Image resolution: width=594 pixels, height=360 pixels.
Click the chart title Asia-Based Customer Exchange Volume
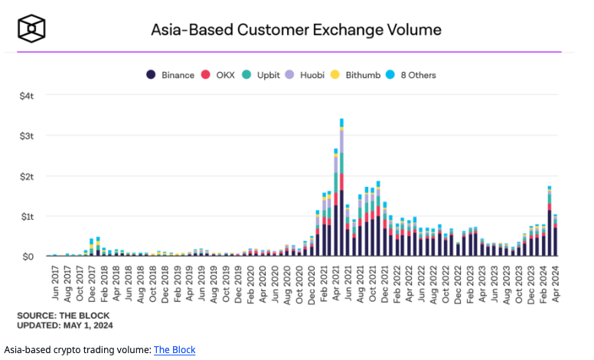pos(295,30)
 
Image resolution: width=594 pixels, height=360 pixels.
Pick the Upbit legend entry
pos(263,75)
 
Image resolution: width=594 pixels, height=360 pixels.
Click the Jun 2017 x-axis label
pos(54,283)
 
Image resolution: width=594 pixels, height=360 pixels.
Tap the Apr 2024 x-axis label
pos(556,283)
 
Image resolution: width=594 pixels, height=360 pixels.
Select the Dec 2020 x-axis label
pos(312,283)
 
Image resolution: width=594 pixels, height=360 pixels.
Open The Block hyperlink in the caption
pos(175,350)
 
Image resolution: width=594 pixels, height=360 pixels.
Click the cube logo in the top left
pos(32,30)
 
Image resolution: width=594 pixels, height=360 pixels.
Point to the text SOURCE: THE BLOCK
pos(63,316)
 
